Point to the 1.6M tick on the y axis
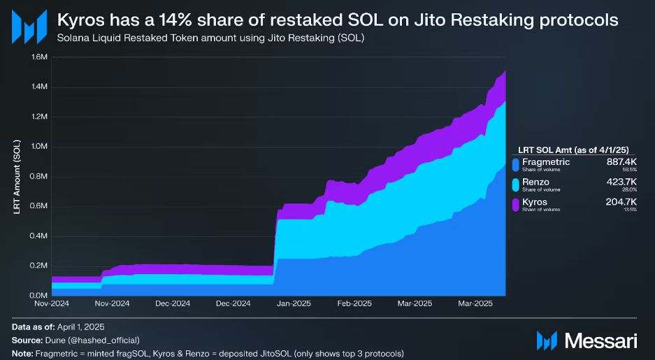(39, 57)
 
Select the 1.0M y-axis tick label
(39, 147)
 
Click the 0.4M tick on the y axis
(39, 236)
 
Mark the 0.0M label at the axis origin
(39, 295)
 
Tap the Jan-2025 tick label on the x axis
(294, 304)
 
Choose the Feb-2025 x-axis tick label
(354, 304)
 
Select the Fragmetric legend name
(546, 162)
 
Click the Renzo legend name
(535, 182)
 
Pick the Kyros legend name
(535, 202)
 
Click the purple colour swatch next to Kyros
(516, 205)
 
